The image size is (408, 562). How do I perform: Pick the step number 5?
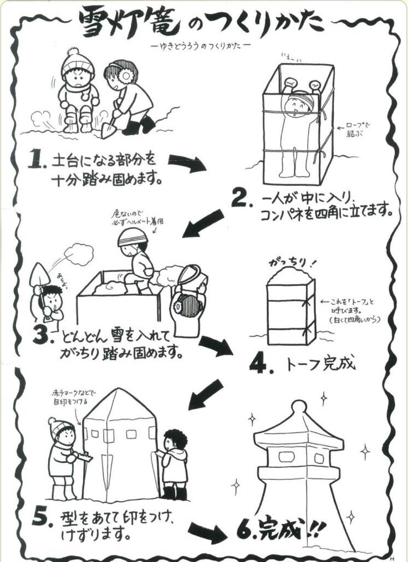tap(42, 517)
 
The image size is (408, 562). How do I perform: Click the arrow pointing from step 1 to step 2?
tap(187, 163)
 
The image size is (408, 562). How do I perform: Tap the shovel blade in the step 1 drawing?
tap(109, 130)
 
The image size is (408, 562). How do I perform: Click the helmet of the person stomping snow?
tap(132, 237)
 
